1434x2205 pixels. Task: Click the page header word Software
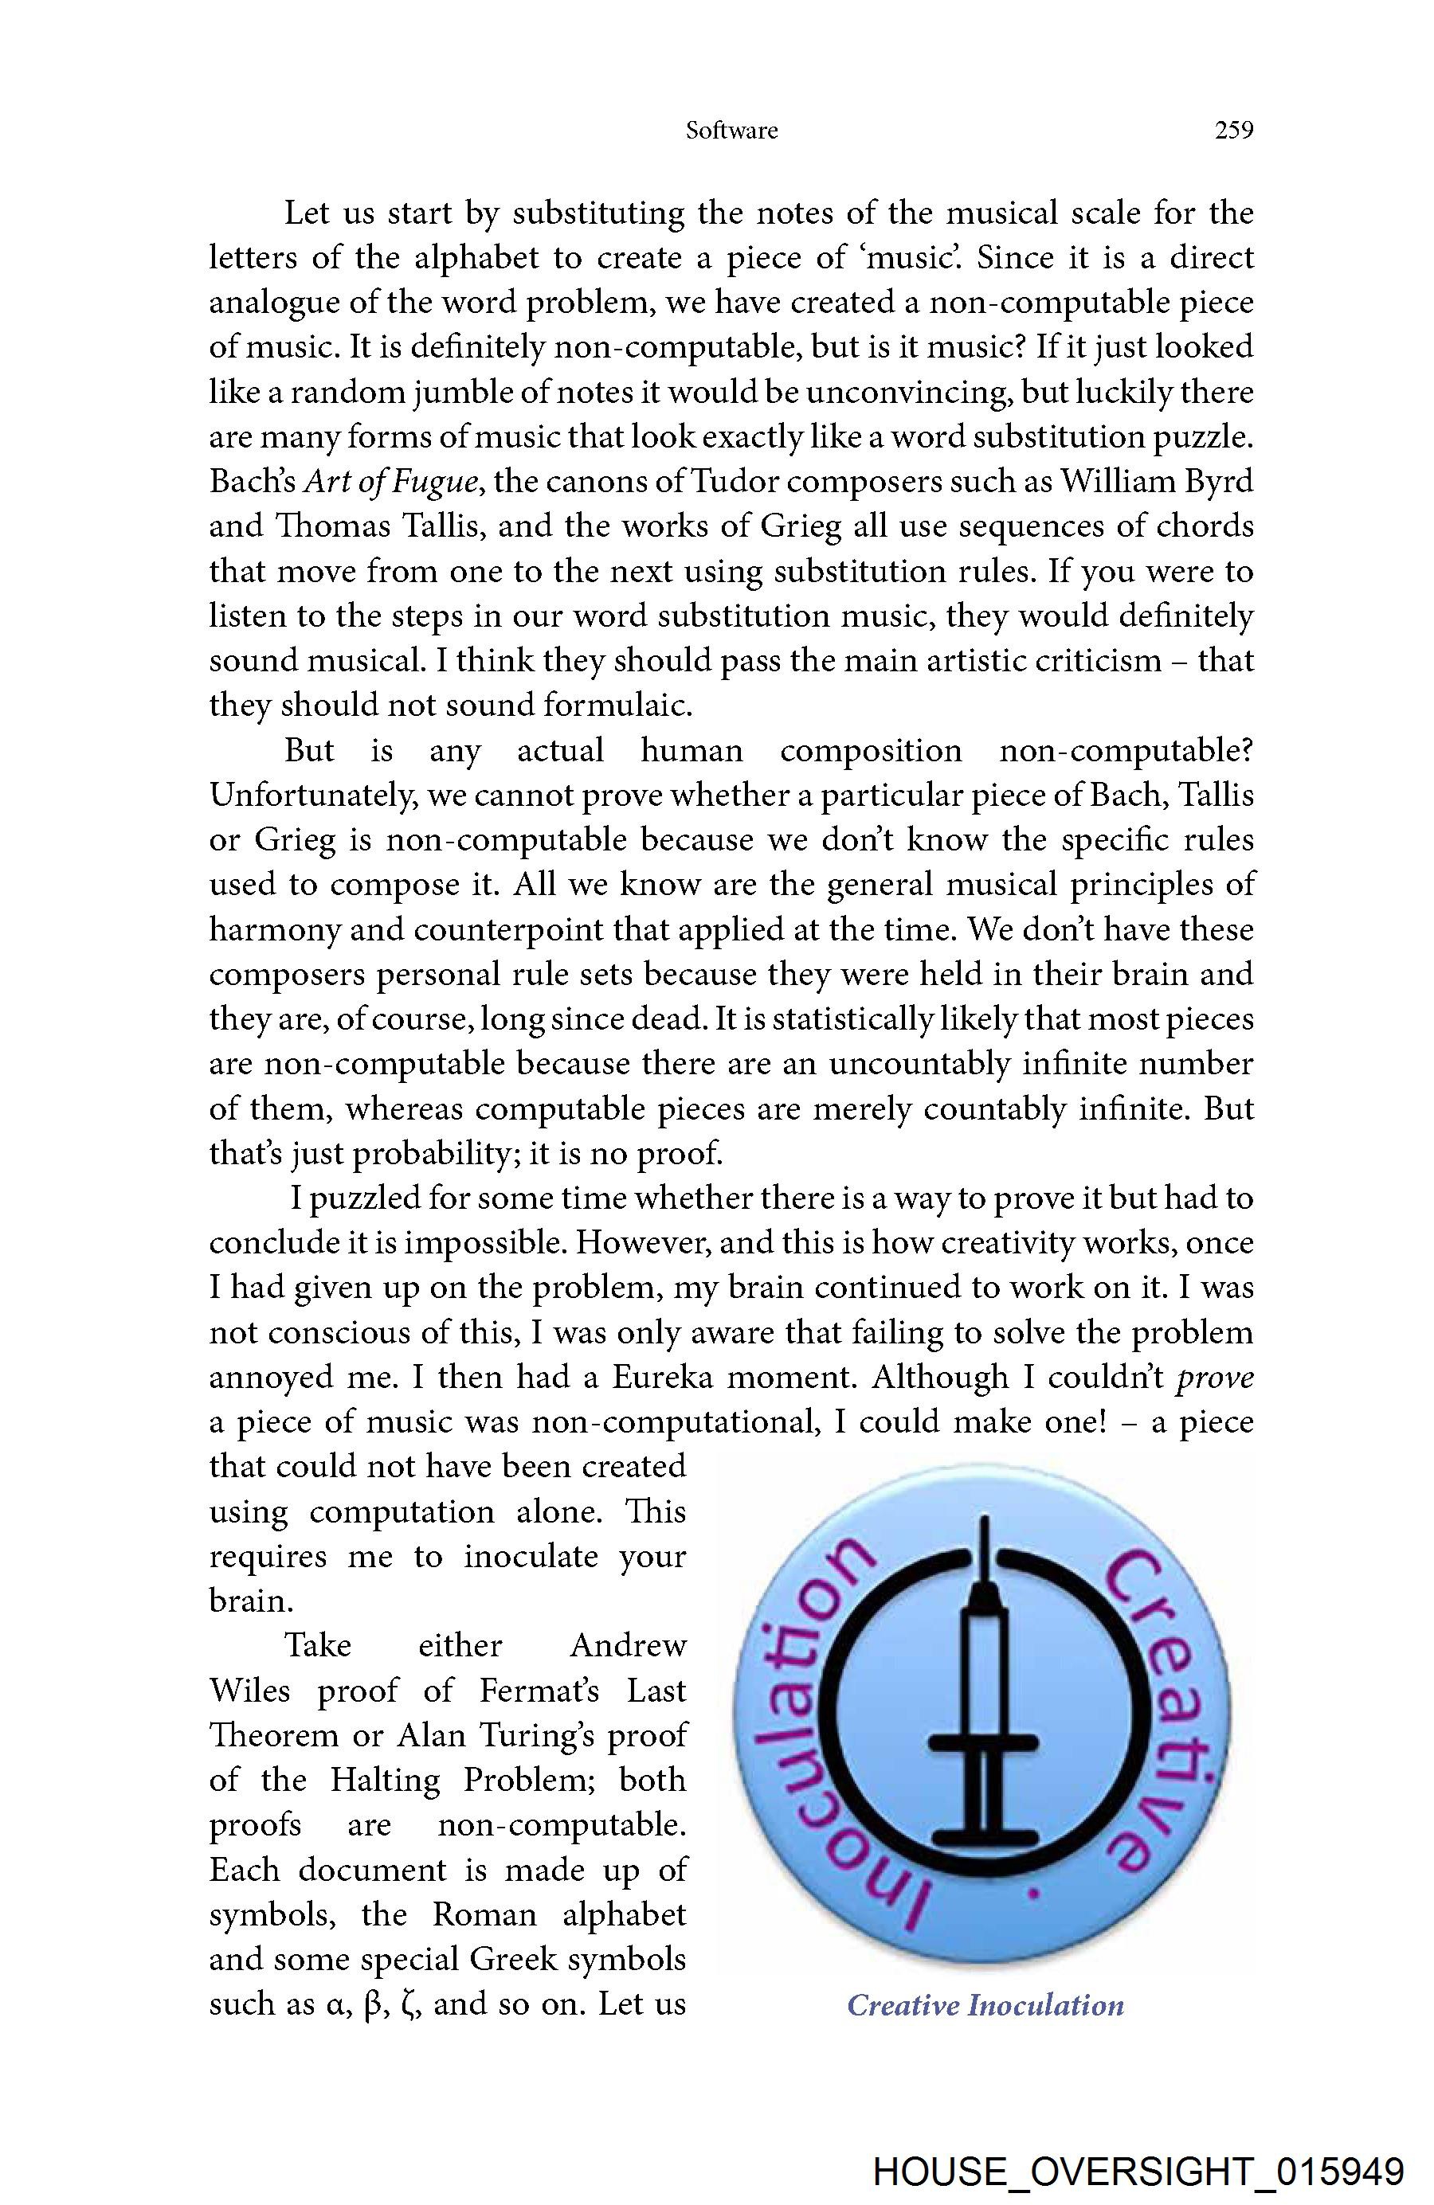tap(731, 131)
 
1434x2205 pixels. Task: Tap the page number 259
tap(1234, 131)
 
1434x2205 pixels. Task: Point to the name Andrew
tap(628, 1645)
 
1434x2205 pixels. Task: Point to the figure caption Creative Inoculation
tap(985, 2006)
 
